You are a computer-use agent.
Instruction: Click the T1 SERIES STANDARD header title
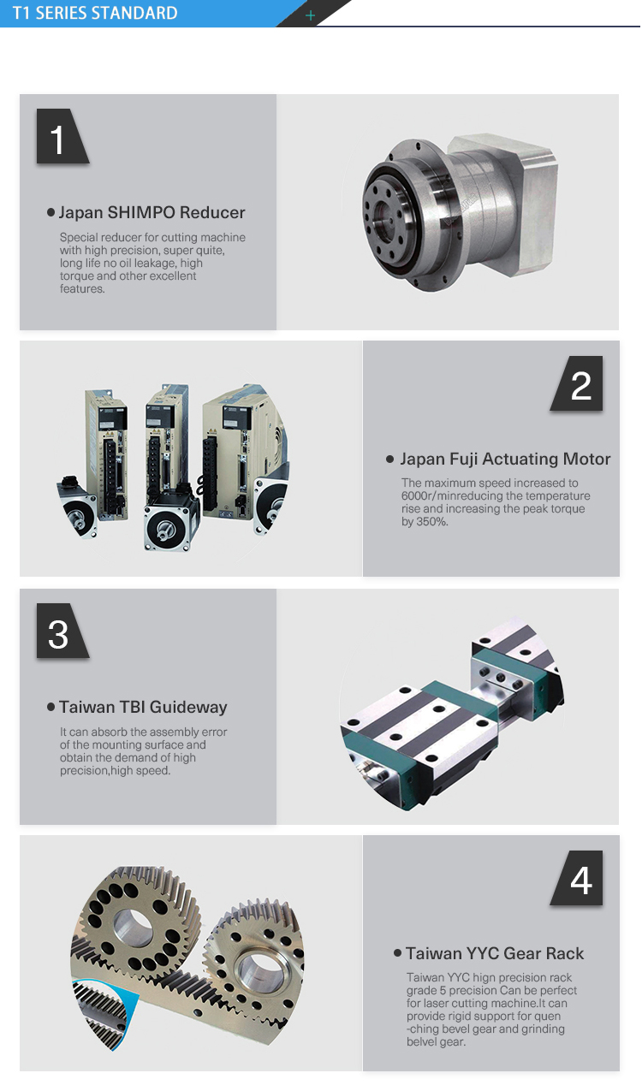coord(95,13)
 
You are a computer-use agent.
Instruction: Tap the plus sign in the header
coord(310,15)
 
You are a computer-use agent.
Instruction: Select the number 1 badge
coord(58,139)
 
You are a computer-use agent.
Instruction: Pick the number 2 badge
coord(580,386)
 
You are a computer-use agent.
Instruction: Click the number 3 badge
coord(58,634)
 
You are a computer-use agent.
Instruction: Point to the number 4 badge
coord(580,880)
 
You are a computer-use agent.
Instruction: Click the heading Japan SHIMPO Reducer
coord(152,213)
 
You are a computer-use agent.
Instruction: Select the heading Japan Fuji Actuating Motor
coord(505,459)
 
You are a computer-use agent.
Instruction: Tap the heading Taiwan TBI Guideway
coord(143,708)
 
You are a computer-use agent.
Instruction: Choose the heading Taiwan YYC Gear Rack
coord(495,954)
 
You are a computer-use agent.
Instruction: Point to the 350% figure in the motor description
coord(433,522)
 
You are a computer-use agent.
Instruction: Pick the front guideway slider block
coord(411,736)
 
